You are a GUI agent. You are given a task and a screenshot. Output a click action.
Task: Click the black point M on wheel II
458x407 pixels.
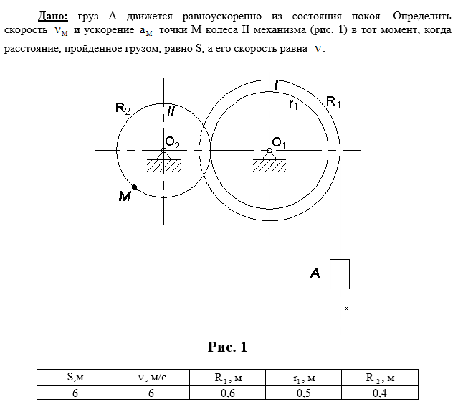pyautogui.click(x=135, y=187)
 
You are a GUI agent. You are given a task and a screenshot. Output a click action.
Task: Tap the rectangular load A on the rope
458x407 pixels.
pyautogui.click(x=339, y=273)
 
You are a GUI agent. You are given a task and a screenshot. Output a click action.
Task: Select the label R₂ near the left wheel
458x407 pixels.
pyautogui.click(x=123, y=109)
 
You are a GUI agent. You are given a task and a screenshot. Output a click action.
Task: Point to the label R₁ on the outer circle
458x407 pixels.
pyautogui.click(x=333, y=103)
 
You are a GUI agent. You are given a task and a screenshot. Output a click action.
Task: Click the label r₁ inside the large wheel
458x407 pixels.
pyautogui.click(x=292, y=106)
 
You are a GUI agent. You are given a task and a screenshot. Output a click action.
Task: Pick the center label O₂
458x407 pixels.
pyautogui.click(x=173, y=141)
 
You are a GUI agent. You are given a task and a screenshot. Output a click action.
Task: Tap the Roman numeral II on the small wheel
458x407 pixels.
pyautogui.click(x=170, y=112)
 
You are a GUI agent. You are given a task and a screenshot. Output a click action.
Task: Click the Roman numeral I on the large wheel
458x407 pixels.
pyautogui.click(x=276, y=86)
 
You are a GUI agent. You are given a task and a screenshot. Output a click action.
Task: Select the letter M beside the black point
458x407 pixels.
pyautogui.click(x=125, y=196)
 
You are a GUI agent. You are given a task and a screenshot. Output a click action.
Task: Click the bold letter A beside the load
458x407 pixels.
pyautogui.click(x=315, y=273)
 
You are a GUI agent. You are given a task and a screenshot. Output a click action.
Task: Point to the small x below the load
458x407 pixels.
pyautogui.click(x=346, y=308)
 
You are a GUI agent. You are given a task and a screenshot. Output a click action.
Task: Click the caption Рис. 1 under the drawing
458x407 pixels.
pyautogui.click(x=227, y=347)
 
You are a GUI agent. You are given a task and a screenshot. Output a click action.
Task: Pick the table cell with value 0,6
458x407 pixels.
pyautogui.click(x=229, y=392)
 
